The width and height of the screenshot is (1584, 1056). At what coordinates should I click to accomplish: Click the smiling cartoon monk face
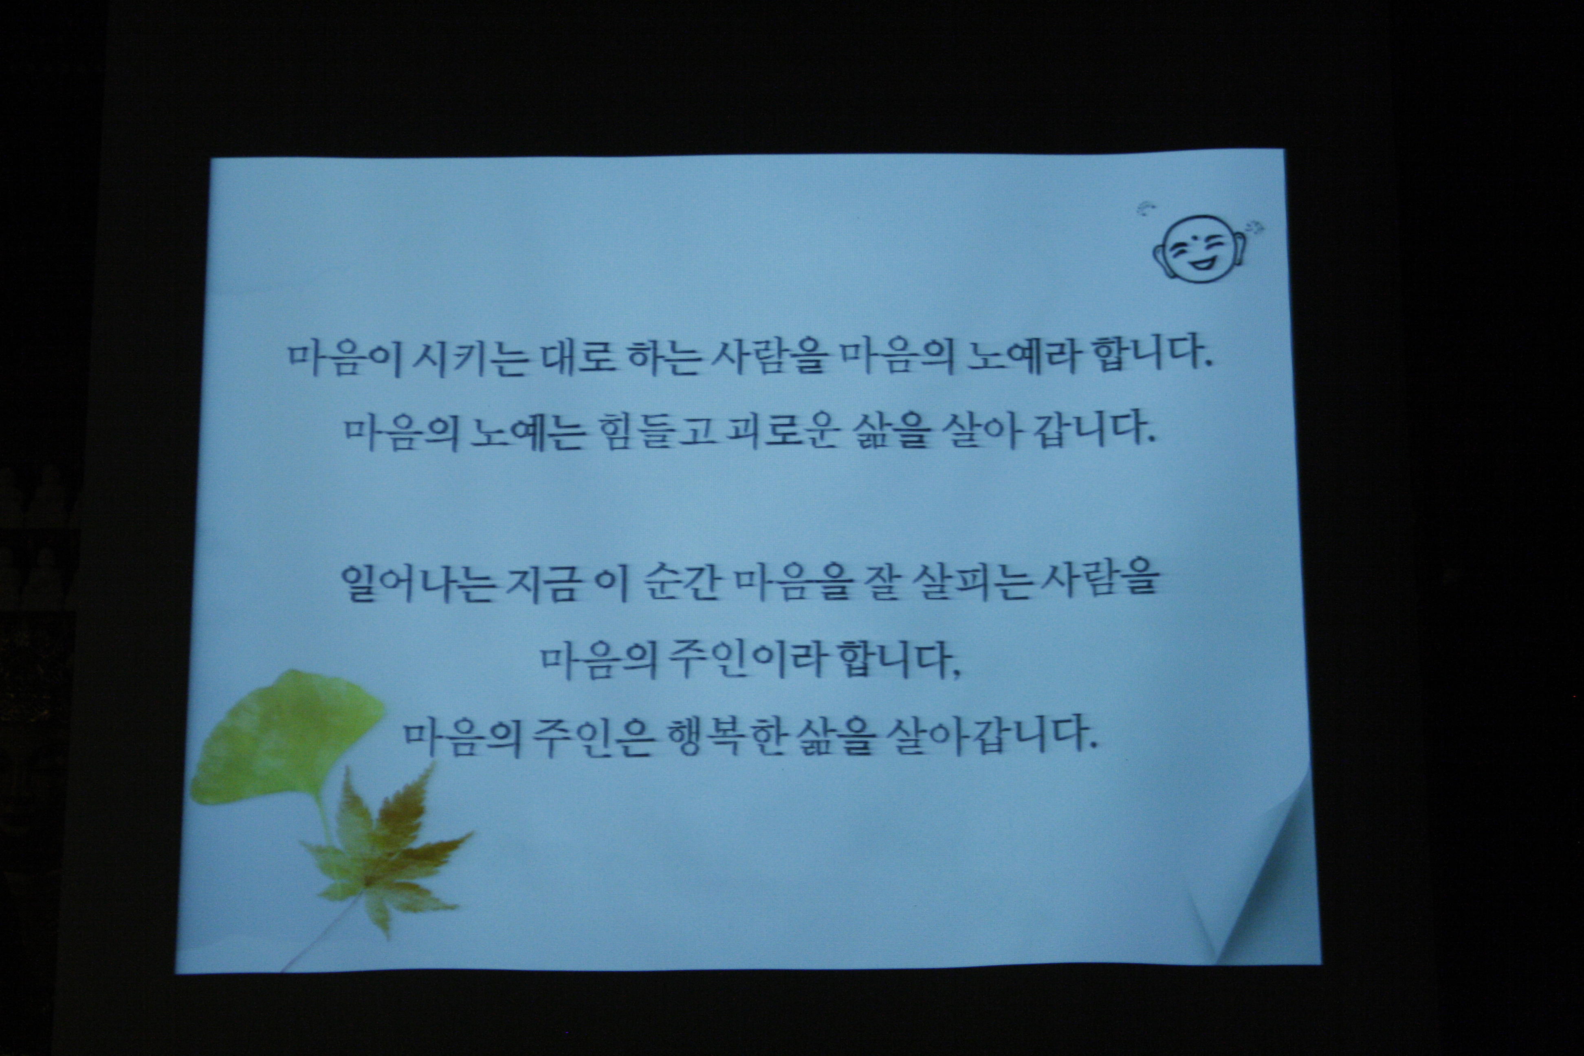1201,247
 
